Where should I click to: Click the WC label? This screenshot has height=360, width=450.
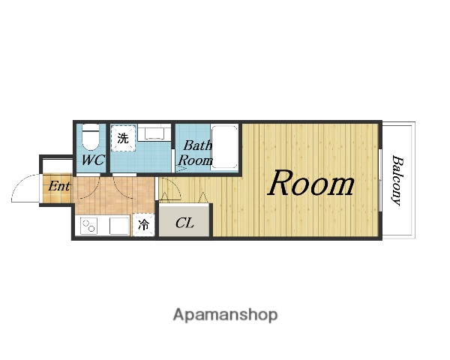click(x=93, y=160)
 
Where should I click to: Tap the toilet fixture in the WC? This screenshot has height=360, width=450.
click(x=91, y=137)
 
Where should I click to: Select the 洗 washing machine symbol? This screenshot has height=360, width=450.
click(x=124, y=138)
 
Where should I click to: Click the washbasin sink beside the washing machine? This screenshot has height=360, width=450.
click(x=154, y=132)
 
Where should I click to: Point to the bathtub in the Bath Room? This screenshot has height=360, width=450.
click(x=224, y=147)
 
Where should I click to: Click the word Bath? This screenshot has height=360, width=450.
click(x=197, y=145)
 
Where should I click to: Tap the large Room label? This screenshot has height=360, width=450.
click(x=311, y=184)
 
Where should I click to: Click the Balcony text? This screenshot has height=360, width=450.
click(x=397, y=180)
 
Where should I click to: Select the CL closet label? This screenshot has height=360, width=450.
click(x=184, y=223)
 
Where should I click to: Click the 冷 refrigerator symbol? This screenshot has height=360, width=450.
click(x=143, y=225)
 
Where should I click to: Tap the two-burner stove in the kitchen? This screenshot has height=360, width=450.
click(x=88, y=226)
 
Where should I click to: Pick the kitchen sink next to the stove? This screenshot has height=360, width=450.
click(x=119, y=226)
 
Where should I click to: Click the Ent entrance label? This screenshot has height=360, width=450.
click(x=58, y=186)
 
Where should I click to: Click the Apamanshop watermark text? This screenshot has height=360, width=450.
click(x=225, y=315)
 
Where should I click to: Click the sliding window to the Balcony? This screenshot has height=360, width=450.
click(x=380, y=180)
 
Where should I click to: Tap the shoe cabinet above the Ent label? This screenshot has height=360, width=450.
click(x=58, y=166)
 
